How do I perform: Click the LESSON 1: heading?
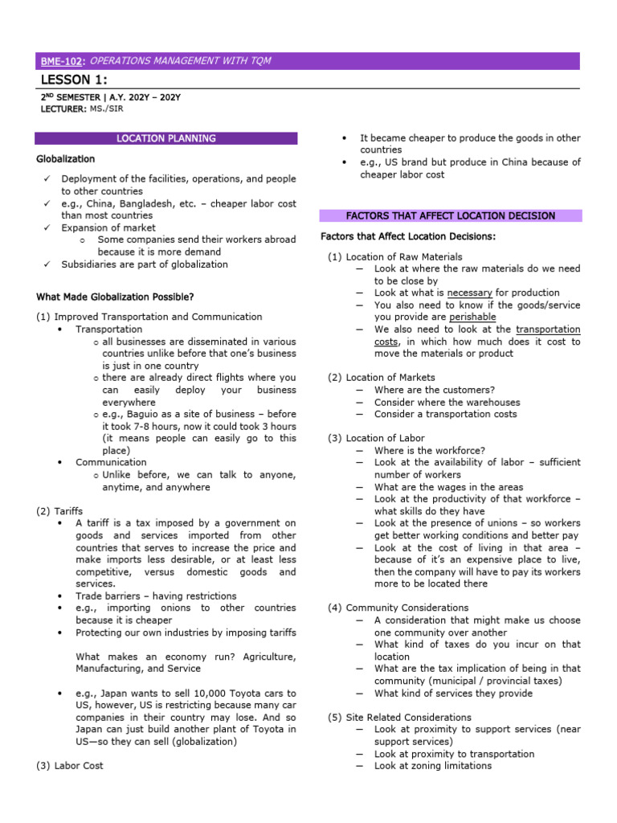click(x=73, y=79)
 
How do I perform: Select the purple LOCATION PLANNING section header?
click(x=166, y=138)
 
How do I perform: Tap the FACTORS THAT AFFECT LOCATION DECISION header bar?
click(x=450, y=216)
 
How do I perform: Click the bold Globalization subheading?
click(x=65, y=159)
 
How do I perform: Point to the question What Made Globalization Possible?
click(x=116, y=297)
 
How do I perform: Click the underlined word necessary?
click(x=470, y=293)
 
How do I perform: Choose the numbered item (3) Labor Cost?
click(x=70, y=766)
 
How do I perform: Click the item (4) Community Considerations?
click(x=398, y=608)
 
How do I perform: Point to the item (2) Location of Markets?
click(x=382, y=377)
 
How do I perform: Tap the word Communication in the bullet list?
click(x=111, y=462)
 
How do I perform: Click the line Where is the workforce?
click(x=430, y=451)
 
